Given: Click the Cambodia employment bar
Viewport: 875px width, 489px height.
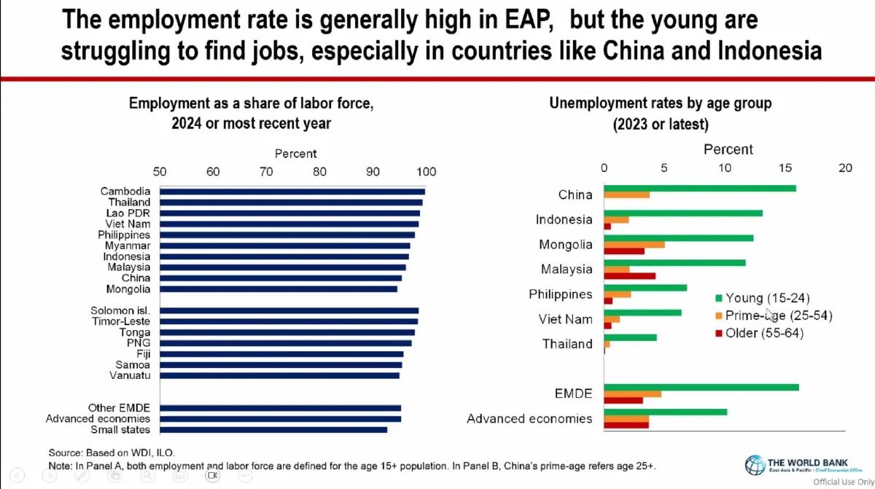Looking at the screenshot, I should point(292,192).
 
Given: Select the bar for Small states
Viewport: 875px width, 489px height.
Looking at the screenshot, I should point(273,430).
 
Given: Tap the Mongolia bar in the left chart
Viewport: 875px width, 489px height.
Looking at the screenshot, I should point(278,289).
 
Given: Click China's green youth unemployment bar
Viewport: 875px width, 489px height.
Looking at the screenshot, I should point(700,188).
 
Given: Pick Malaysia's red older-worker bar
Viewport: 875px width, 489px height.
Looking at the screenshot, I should point(630,276).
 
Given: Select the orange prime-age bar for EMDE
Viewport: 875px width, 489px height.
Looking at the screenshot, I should point(633,394).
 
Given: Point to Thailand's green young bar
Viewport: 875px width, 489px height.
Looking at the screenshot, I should point(631,337).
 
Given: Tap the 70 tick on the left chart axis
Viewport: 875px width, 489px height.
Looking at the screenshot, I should point(266,172).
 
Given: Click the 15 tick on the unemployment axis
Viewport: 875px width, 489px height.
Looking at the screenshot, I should point(785,168).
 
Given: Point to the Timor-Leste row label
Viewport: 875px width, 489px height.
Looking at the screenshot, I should point(121,321).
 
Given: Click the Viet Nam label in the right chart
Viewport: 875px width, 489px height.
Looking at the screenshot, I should point(566,319).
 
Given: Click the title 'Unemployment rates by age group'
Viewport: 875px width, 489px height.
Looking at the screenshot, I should point(660,103).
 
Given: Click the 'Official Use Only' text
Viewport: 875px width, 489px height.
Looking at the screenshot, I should point(843,482).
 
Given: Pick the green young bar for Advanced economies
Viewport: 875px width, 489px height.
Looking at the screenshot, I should point(666,412).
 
